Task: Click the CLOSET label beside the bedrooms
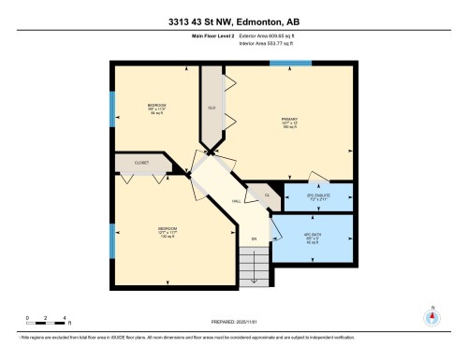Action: (143, 162)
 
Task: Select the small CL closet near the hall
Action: (267, 194)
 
